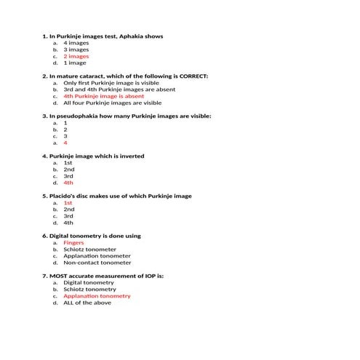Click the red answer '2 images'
pos(76,56)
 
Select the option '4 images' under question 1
pos(76,43)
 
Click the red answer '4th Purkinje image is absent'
pos(103,96)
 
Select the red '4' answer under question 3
pos(65,143)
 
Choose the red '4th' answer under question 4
pos(68,183)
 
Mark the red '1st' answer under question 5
pos(68,203)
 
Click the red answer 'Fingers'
pos(73,243)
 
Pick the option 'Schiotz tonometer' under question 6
pos(89,249)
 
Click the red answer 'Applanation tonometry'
pos(97,296)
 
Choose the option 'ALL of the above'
pos(87,303)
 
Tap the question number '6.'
pos(44,236)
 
